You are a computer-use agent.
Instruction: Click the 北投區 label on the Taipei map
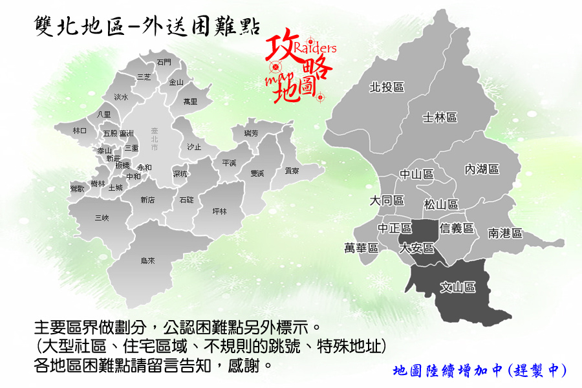387,87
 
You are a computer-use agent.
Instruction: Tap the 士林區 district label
440,118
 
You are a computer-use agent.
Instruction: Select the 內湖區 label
482,169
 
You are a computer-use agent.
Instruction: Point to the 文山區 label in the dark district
458,286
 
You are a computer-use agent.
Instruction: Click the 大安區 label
416,248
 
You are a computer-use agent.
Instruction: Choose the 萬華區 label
361,248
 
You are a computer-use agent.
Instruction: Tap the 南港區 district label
505,233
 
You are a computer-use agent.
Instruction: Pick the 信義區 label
457,228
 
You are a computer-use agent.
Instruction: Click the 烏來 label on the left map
147,261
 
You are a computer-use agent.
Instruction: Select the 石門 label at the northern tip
164,62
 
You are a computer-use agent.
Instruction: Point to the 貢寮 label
292,171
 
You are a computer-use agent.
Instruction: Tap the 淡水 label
121,97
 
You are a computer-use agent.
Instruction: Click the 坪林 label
220,211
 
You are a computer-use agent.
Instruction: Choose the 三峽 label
102,218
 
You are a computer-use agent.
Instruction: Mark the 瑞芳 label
251,133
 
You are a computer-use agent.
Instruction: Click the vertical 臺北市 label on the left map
154,139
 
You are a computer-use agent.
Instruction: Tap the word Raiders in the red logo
315,48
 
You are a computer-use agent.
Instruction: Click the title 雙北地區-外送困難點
146,27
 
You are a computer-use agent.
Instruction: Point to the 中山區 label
416,174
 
